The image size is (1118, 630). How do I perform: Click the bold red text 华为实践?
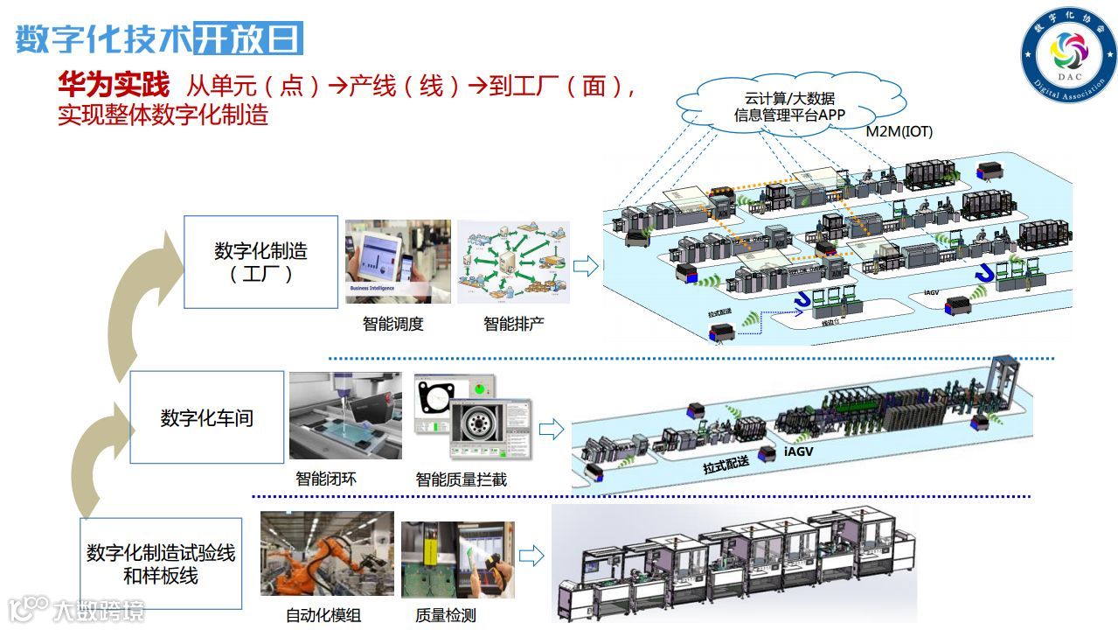pos(114,85)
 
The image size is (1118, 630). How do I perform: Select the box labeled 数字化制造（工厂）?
pos(260,262)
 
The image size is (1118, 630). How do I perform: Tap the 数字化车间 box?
pos(206,417)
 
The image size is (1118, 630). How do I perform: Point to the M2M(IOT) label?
pos(899,132)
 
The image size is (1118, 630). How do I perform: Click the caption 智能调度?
pos(392,324)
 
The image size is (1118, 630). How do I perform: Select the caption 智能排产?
pos(513,324)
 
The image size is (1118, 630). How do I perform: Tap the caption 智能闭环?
pos(326,479)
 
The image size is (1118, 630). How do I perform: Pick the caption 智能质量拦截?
pos(461,479)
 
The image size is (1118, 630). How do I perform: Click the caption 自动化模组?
pos(323,615)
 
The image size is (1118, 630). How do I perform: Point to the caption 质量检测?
pos(446,615)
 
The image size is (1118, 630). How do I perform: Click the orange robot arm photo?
pos(327,554)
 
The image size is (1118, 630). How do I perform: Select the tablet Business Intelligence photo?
pos(398,262)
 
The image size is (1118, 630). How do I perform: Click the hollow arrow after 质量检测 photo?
pos(531,556)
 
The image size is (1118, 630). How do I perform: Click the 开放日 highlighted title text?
pos(247,39)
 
